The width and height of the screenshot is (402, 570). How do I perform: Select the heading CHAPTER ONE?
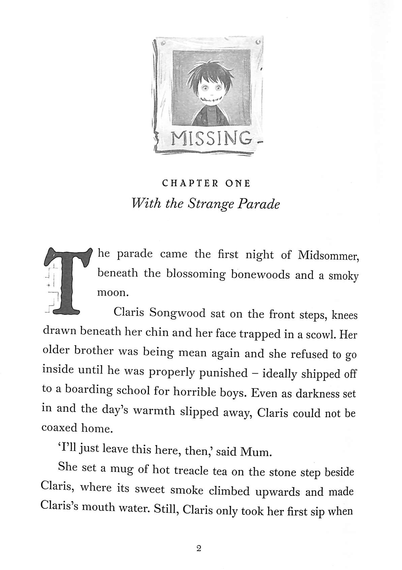tap(206, 184)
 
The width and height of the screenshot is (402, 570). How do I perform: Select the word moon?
tap(113, 292)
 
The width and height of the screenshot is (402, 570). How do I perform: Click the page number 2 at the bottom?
tap(198, 549)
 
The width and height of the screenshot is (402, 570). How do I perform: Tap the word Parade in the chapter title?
tap(262, 204)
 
